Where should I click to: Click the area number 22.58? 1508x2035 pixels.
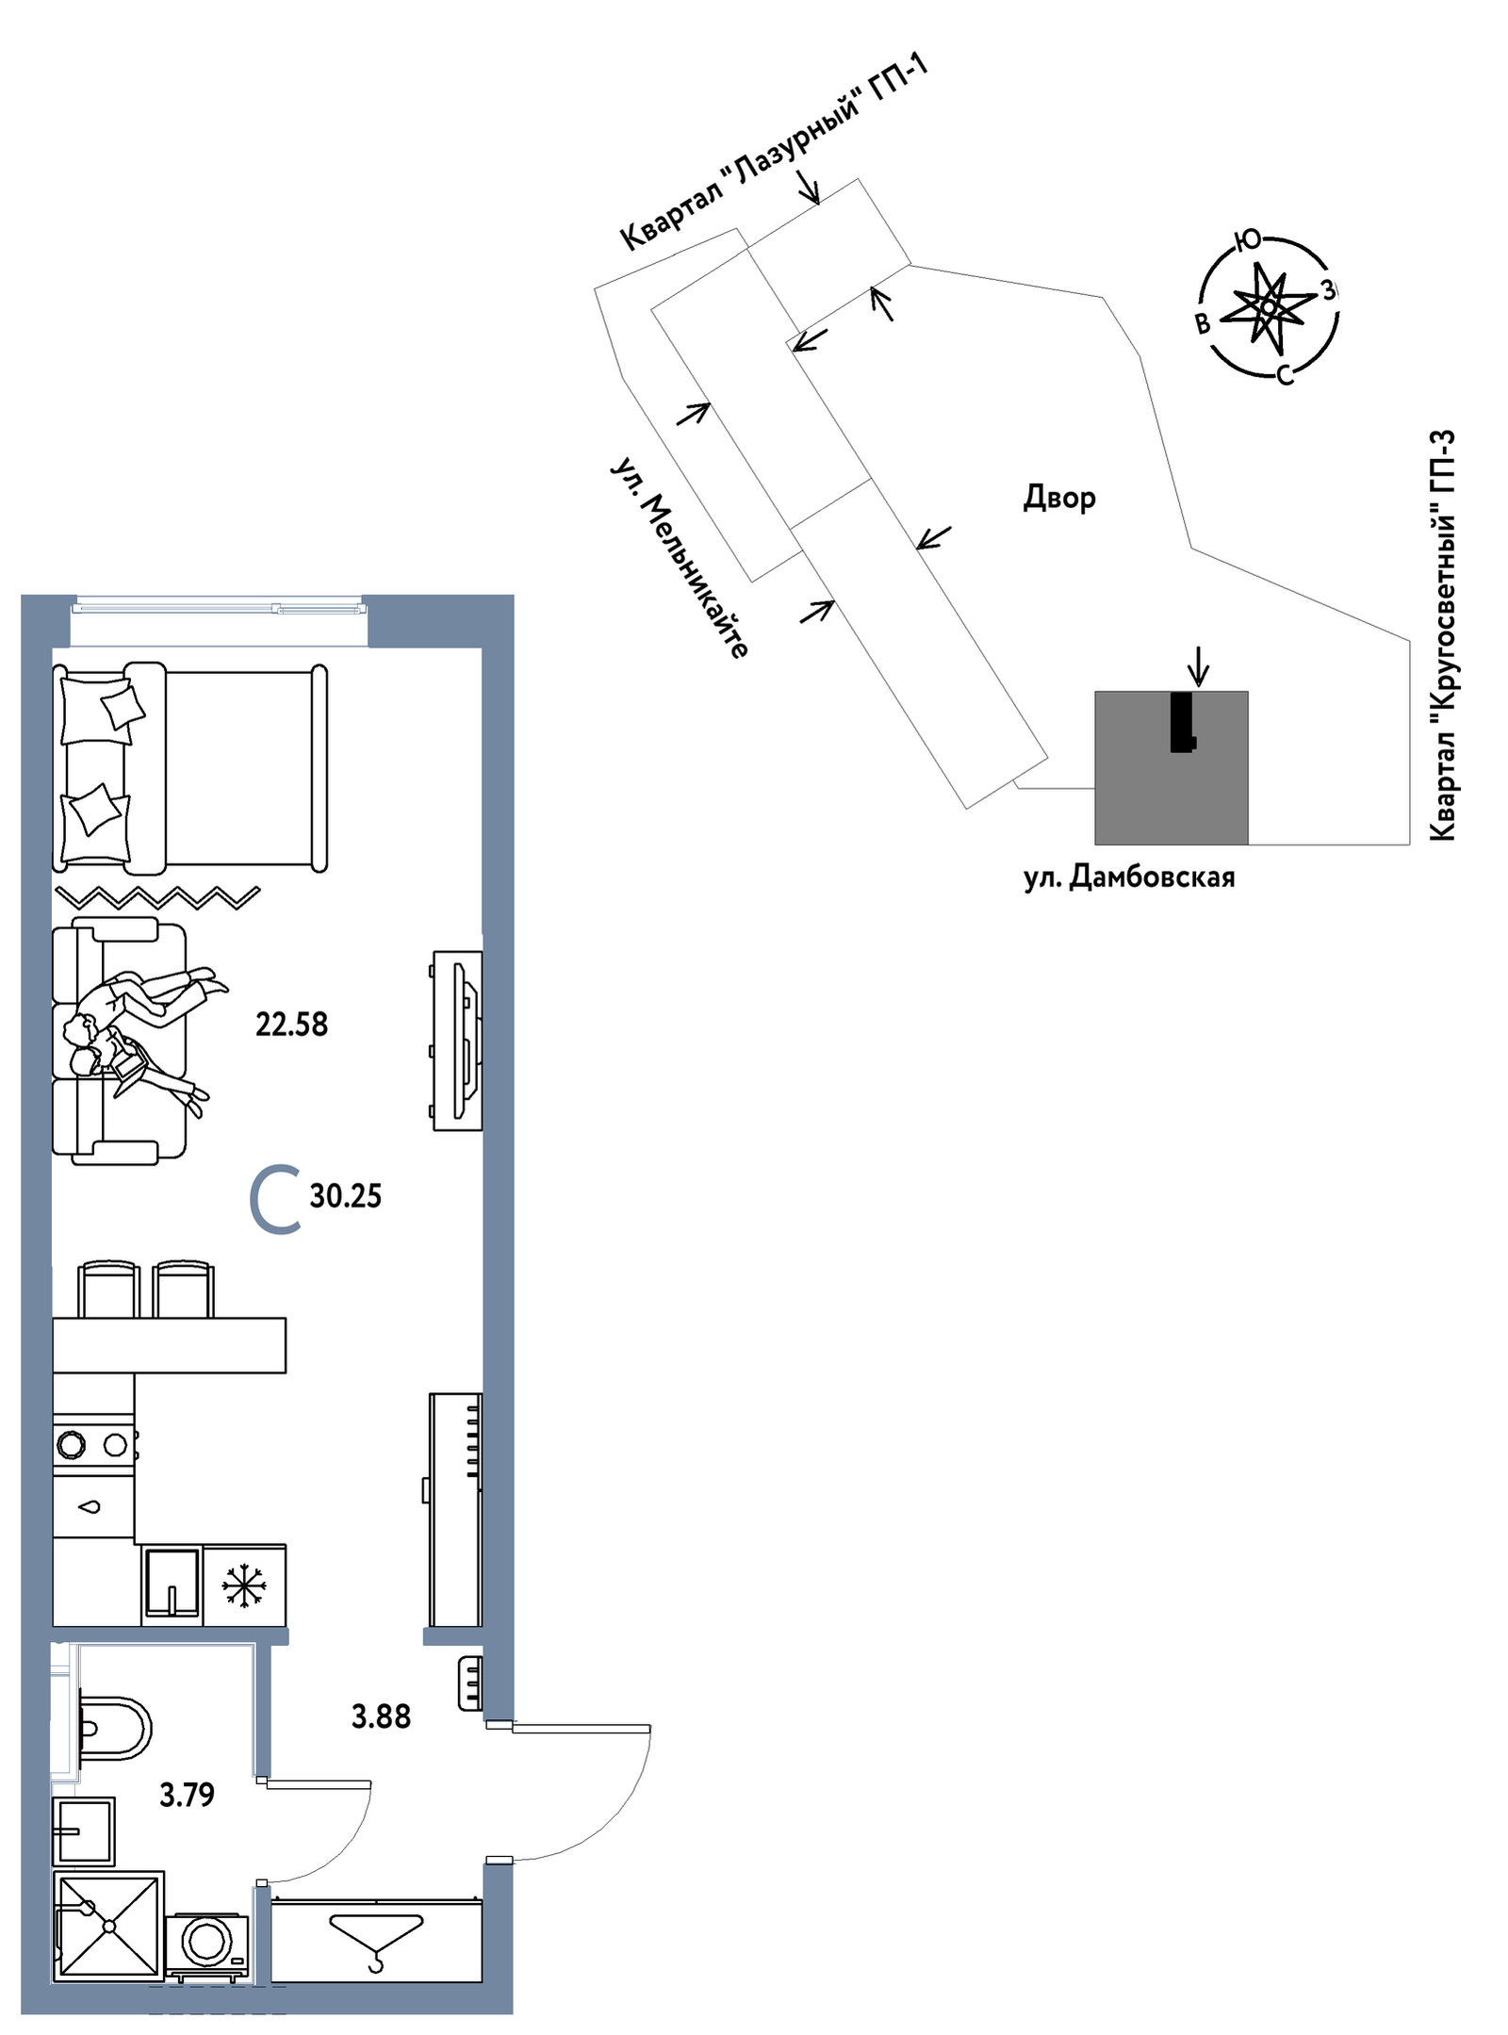point(291,1025)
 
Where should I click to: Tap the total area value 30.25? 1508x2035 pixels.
point(345,1196)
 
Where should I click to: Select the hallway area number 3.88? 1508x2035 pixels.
point(381,1716)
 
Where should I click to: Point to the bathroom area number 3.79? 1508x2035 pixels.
point(187,1795)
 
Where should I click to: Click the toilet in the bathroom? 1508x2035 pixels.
point(112,1729)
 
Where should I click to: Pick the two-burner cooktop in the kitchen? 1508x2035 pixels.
point(93,1444)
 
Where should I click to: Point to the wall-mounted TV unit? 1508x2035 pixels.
point(457,1041)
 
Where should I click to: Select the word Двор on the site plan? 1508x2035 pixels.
point(1059,498)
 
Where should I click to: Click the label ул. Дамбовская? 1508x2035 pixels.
point(1129,878)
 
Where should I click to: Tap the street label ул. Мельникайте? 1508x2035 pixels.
point(680,558)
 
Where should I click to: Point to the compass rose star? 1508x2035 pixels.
point(1268,306)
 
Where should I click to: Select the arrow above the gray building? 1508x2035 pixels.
point(1198,666)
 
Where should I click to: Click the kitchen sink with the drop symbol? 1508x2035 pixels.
point(93,1507)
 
